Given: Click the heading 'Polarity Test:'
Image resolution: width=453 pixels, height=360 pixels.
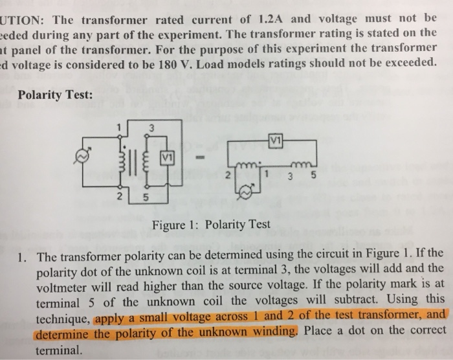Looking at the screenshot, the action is coord(56,95).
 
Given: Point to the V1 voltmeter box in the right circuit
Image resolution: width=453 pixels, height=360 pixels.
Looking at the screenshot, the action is coord(274,138).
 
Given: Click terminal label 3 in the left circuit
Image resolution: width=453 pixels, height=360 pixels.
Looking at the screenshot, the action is coord(151,128).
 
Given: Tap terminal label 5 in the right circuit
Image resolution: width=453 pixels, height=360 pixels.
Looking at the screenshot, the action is coord(313,174).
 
